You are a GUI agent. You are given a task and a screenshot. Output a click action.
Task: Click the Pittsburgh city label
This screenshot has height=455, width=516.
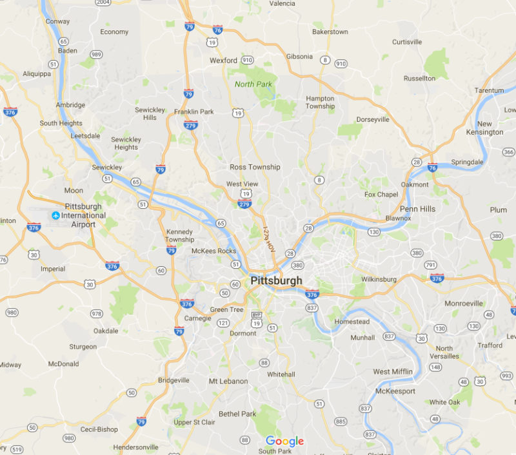[275, 281]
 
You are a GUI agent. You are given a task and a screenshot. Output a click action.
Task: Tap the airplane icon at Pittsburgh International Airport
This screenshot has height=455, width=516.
[55, 215]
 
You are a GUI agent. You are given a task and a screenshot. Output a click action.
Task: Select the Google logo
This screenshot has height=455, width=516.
[284, 441]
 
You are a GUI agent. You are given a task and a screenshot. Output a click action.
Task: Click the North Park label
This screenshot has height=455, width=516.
[253, 84]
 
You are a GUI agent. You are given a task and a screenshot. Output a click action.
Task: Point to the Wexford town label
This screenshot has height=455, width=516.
[223, 61]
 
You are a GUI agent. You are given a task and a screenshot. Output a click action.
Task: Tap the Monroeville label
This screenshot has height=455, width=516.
[464, 303]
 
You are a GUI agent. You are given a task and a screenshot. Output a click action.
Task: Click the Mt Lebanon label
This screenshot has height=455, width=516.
[228, 381]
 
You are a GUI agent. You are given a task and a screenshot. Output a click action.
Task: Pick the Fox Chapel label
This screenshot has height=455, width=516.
[381, 195]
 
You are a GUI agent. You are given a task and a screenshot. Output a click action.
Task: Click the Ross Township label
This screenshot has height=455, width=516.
[255, 167]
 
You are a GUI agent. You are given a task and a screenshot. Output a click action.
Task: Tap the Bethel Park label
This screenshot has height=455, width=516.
[237, 414]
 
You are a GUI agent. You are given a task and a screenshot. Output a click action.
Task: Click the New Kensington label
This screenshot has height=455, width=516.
[490, 128]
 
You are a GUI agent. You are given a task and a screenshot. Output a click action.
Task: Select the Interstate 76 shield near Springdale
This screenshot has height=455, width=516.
[433, 167]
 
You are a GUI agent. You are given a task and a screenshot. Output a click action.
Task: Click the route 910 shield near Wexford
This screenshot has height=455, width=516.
[247, 60]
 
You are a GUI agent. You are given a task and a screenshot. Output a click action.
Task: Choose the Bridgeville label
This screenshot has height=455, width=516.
[174, 380]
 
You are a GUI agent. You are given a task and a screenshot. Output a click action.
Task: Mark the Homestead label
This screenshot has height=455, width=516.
[352, 322]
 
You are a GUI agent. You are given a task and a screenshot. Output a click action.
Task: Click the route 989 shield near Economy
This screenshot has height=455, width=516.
[96, 54]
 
